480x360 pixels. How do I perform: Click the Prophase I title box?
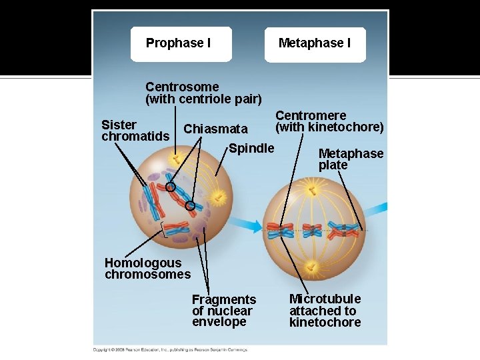181,44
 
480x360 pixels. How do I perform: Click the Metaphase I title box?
315,44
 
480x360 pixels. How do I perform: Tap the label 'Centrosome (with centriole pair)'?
203,93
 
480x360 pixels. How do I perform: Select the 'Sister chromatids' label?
135,131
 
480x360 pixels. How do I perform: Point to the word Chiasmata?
215,129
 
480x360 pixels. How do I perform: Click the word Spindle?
251,148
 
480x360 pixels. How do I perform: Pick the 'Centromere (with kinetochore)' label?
329,121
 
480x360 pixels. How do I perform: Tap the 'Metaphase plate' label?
351,159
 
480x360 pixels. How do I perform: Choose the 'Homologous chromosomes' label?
147,269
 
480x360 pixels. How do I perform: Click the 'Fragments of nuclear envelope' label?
223,311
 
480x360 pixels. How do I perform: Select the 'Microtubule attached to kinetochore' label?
325,311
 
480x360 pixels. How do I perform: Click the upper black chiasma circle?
171,187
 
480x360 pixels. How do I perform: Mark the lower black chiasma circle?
190,207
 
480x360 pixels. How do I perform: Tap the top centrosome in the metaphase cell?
313,191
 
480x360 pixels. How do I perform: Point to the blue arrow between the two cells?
248,225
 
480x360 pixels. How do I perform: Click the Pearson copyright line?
170,349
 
